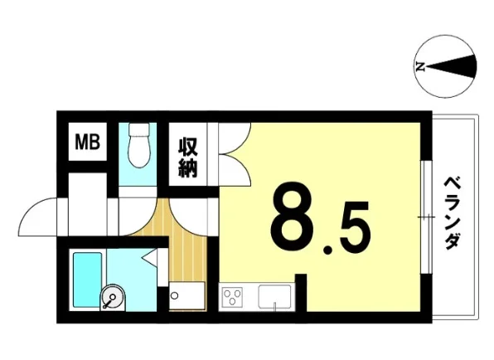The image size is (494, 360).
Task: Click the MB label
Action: [x=87, y=142]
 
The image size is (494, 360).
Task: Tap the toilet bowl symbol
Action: [x=139, y=151]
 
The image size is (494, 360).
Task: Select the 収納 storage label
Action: [x=188, y=158]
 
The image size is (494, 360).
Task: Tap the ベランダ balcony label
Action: [x=453, y=213]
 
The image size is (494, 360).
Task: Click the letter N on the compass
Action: [x=419, y=67]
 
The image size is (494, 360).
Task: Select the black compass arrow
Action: [x=451, y=66]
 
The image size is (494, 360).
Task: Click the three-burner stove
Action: [x=232, y=296]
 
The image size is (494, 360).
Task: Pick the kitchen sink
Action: [x=274, y=296]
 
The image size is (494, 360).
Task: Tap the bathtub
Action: [x=87, y=280]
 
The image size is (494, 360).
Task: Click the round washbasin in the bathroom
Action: [x=113, y=298]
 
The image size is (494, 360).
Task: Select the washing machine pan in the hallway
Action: [x=186, y=295]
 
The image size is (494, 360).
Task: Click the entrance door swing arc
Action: [x=27, y=212]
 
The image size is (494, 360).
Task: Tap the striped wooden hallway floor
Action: [x=177, y=245]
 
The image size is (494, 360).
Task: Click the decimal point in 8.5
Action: [x=328, y=250]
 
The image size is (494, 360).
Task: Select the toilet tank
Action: [x=139, y=129]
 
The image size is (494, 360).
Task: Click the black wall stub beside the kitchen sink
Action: [x=301, y=293]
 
